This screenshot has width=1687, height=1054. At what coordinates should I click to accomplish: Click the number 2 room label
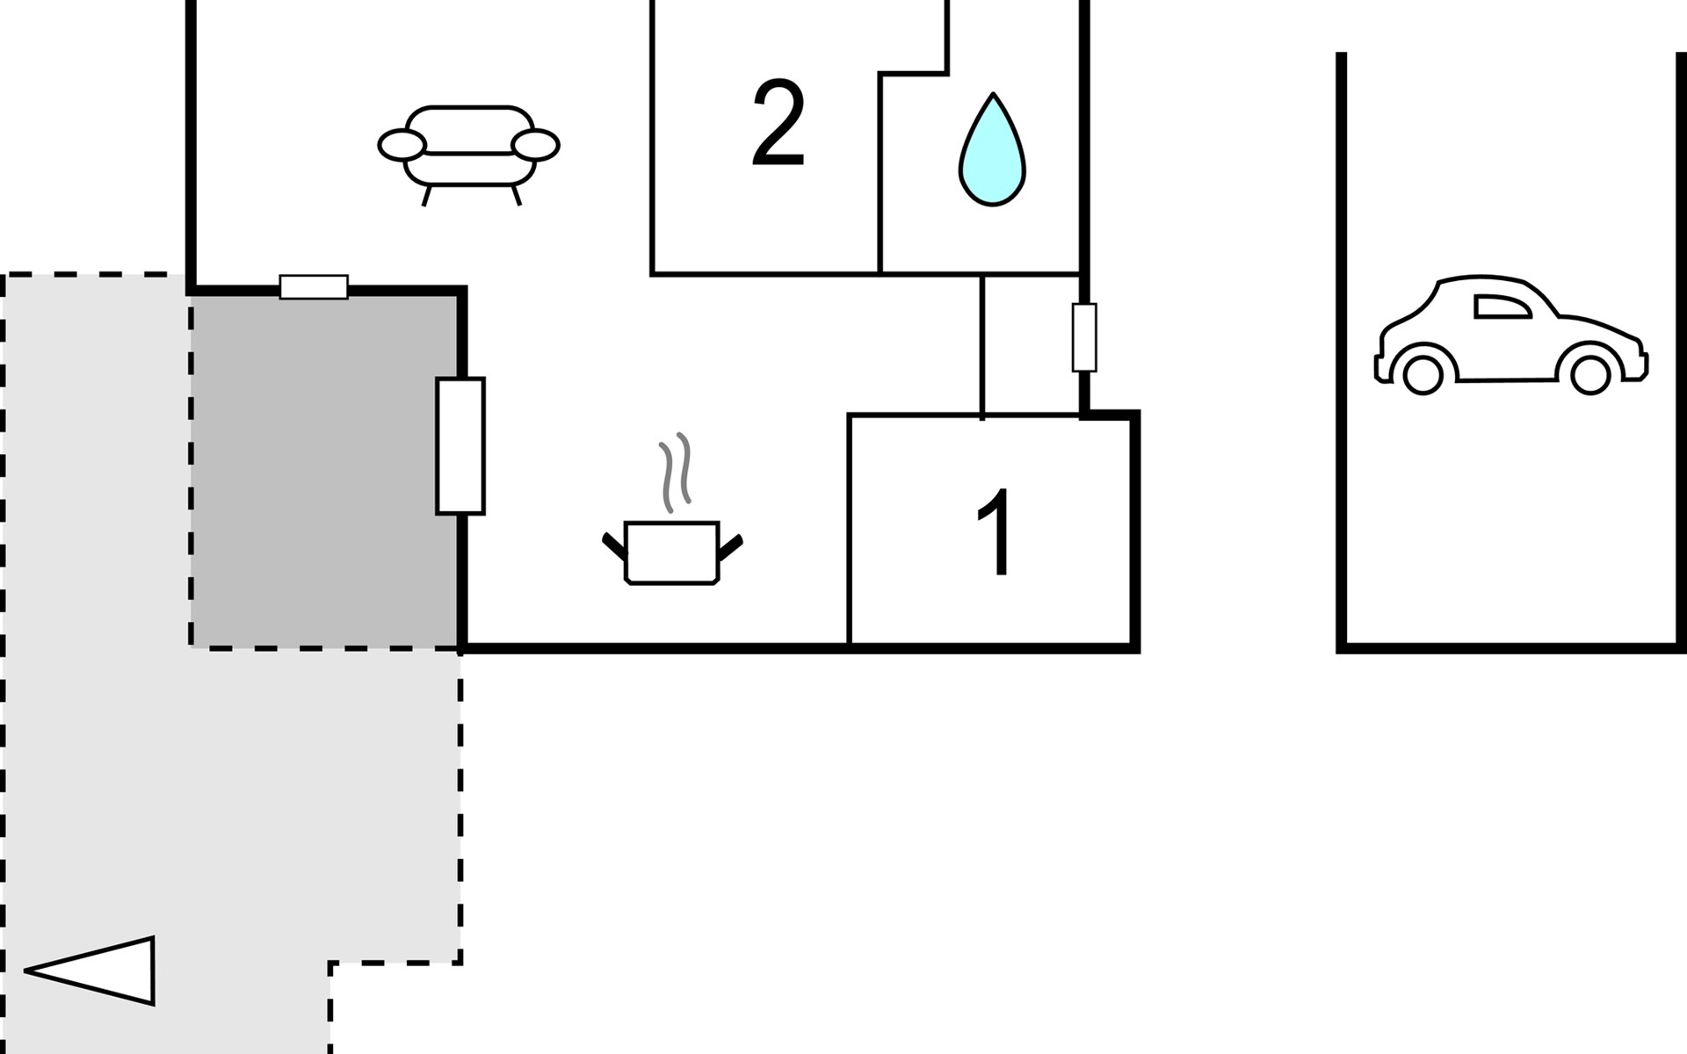coord(778,124)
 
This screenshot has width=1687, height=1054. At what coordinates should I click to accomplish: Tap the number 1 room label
coord(996,532)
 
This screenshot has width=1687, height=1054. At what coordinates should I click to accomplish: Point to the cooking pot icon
coord(672,552)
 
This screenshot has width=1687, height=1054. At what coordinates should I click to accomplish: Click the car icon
coord(1510,334)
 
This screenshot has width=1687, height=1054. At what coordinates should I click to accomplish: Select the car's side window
coord(1501,307)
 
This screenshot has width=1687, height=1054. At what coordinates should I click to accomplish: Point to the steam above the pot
coord(676,472)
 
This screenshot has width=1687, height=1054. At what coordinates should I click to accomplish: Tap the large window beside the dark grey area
coord(460,445)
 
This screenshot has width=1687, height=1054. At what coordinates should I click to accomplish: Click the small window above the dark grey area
coord(314,287)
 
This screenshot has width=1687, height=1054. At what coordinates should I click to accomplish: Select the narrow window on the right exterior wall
coord(1084,338)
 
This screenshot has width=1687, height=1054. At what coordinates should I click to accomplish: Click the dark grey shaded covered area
coord(324,471)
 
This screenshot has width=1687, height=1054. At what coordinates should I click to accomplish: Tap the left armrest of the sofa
coord(402,145)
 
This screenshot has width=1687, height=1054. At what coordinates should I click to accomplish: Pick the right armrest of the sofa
coord(535,145)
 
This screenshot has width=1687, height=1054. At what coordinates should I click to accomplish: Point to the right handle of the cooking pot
coord(731,546)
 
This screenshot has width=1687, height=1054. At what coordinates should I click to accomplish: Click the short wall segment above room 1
coord(982,346)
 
